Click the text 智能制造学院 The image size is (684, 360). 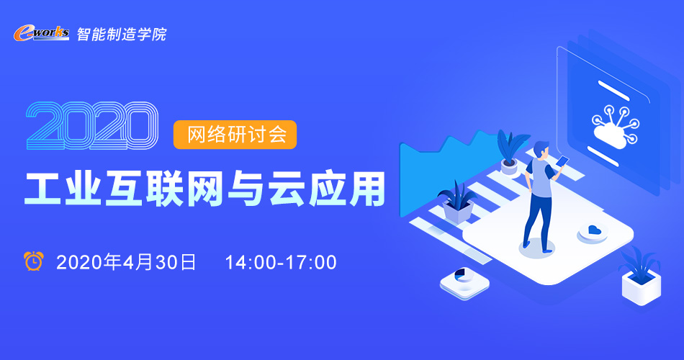coord(122,34)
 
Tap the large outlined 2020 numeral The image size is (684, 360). coord(91,126)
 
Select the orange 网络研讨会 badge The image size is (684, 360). coord(235,135)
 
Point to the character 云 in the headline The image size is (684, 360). coord(286,188)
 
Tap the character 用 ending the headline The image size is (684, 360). coord(366,189)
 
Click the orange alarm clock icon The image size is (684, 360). coord(34,261)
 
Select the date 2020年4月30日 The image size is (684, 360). coord(126,262)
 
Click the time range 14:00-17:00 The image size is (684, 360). coord(281,262)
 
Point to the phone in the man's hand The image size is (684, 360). coord(562,161)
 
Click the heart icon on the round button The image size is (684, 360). coord(593,230)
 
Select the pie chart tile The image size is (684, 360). coord(464,282)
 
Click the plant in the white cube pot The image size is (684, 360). coord(639,265)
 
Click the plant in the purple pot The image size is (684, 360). coord(457,202)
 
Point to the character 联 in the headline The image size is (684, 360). coord(164,188)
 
